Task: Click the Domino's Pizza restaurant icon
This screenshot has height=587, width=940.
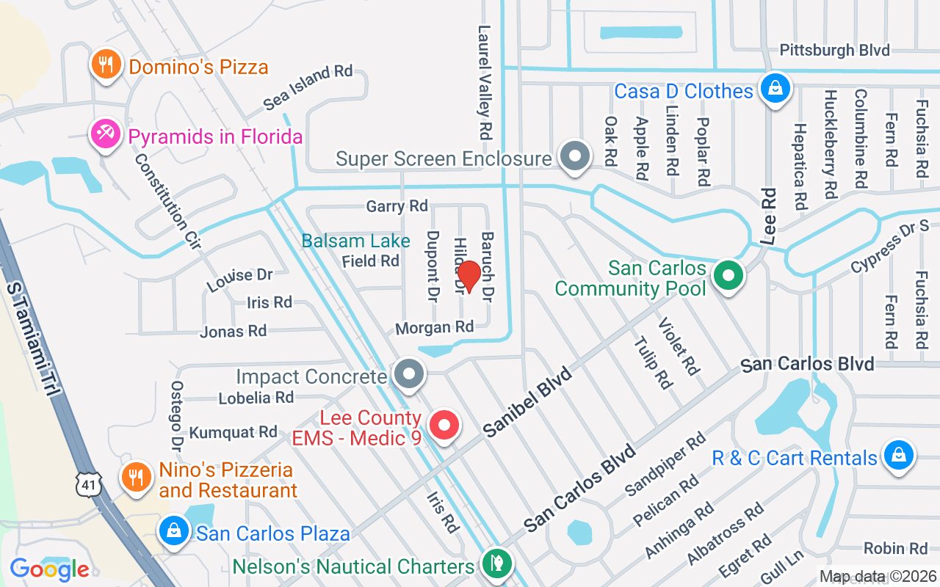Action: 106,65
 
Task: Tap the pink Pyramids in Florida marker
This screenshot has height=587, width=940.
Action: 106,134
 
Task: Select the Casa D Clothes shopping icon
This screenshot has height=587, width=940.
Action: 774,88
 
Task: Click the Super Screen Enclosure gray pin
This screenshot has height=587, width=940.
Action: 575,157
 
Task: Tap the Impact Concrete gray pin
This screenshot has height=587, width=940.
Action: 409,375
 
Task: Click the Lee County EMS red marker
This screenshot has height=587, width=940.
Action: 444,426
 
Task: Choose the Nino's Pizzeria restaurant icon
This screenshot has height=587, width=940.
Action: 135,478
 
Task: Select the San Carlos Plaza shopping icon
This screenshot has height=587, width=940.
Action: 175,531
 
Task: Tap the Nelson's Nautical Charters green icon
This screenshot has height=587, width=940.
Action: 496,564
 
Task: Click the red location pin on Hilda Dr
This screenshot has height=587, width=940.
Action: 469,276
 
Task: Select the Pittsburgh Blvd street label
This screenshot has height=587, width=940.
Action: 834,50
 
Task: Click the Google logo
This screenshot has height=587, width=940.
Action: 50,569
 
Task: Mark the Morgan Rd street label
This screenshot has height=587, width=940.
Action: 434,327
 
